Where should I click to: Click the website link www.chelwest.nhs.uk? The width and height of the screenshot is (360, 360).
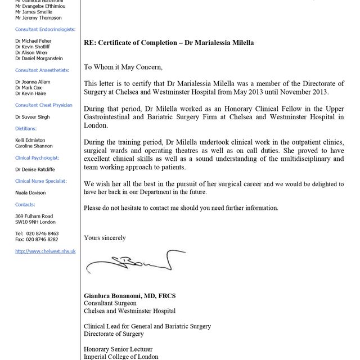click(46, 251)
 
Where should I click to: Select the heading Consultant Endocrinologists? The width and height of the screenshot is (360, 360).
click(46, 29)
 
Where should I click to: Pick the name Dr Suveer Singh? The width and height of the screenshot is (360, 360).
click(33, 117)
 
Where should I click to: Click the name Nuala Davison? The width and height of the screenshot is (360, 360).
click(31, 193)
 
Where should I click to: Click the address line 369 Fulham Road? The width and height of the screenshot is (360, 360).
click(34, 216)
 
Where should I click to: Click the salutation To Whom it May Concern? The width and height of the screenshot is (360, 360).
click(123, 67)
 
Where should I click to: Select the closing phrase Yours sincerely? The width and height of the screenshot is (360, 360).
click(105, 238)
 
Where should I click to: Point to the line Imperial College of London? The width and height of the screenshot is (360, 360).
click(121, 357)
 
